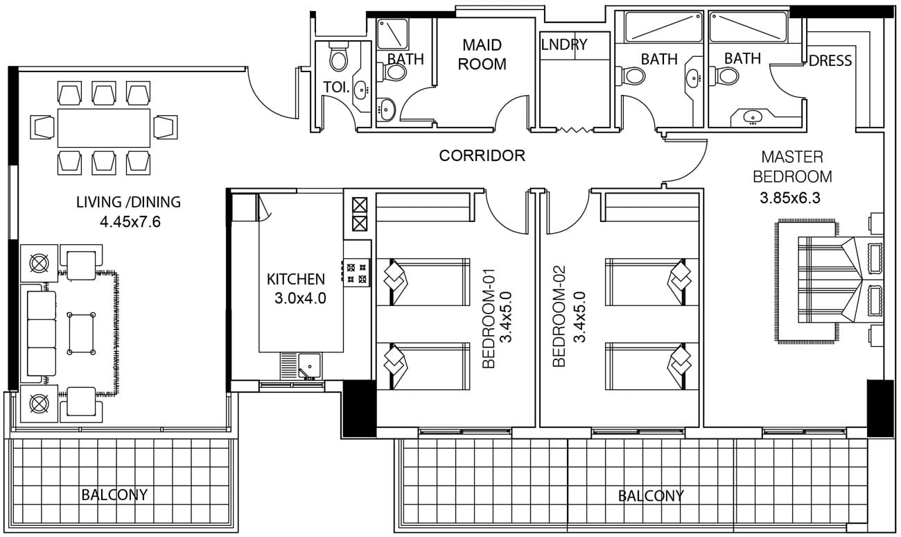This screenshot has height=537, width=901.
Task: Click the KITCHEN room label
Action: [x=296, y=280]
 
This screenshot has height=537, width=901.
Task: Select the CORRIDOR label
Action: [x=482, y=155]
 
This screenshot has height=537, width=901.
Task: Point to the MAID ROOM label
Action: [x=482, y=55]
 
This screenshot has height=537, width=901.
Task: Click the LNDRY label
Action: [x=563, y=45]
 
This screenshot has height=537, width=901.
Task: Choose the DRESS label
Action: [x=830, y=61]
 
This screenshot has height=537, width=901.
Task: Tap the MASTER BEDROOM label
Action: [x=791, y=167]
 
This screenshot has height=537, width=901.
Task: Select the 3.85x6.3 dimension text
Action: [x=790, y=198]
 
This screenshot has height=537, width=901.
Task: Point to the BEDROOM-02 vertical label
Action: [x=570, y=316]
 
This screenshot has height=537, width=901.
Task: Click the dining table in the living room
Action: [x=104, y=128]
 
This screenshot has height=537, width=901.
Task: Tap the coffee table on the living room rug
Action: [x=81, y=334]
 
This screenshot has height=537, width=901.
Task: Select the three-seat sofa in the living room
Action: [x=41, y=334]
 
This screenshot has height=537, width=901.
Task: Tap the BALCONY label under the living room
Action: [x=114, y=495]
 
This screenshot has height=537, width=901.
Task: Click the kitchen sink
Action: [x=310, y=366]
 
